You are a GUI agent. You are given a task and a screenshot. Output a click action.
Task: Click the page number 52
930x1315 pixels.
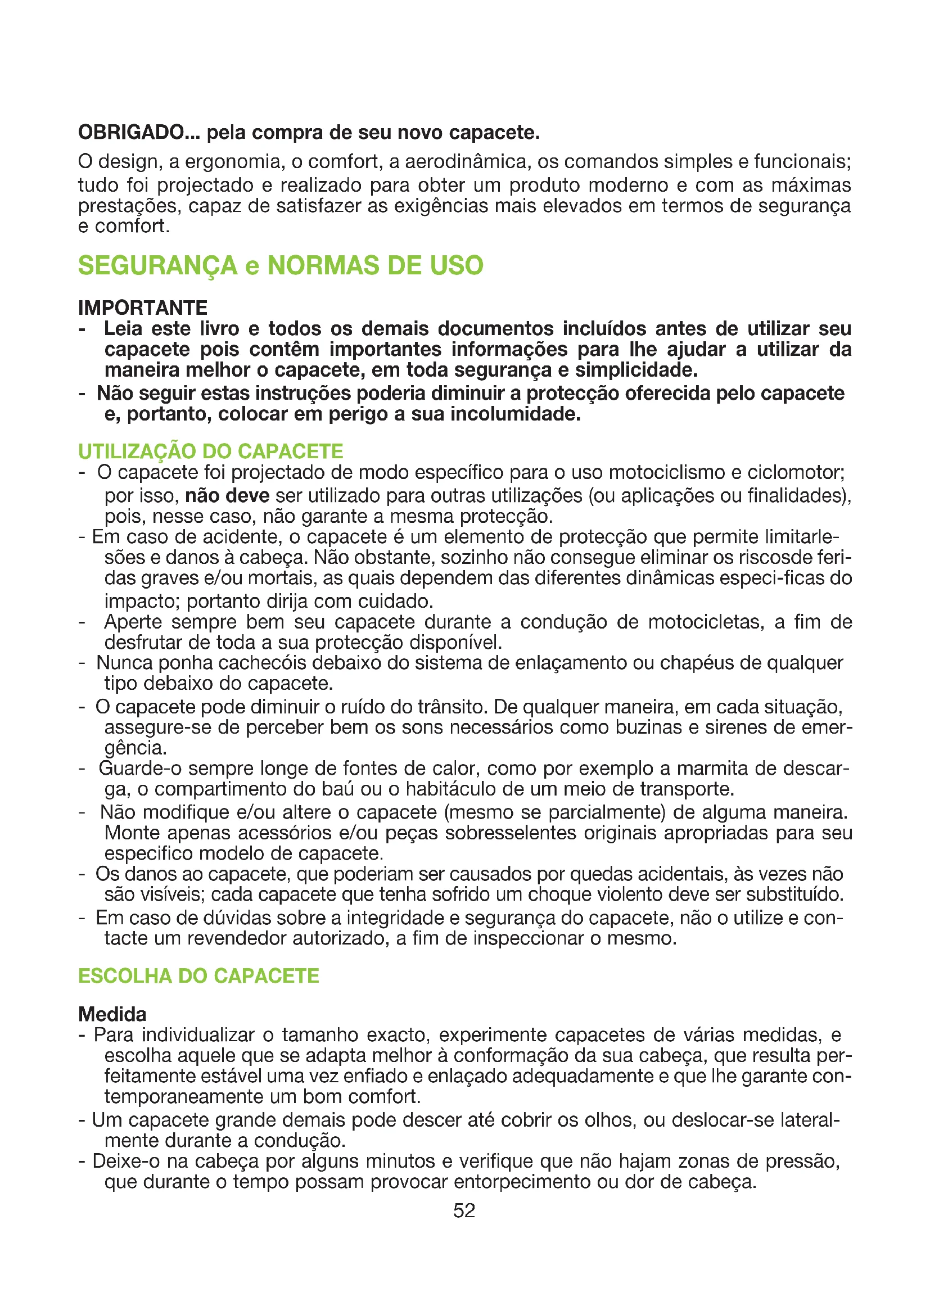coord(464,1210)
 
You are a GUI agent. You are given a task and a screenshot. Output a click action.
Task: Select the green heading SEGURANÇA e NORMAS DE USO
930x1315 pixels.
coord(281,266)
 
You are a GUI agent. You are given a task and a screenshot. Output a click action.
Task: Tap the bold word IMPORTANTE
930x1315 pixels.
coord(143,308)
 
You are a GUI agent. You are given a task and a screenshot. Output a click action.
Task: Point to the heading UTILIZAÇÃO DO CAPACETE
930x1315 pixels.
coord(211,451)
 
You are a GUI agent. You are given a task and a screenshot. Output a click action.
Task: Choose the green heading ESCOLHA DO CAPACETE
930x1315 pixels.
coord(198,976)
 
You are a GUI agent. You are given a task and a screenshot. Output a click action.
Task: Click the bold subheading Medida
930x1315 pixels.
coord(112,1014)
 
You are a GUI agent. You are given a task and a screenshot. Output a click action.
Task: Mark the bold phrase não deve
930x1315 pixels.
coord(227,495)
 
